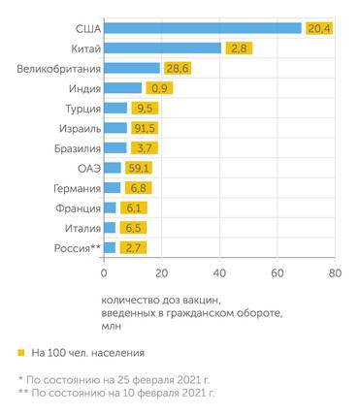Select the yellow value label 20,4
(x=319, y=28)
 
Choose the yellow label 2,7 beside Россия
(x=134, y=248)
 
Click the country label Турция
(x=79, y=108)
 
